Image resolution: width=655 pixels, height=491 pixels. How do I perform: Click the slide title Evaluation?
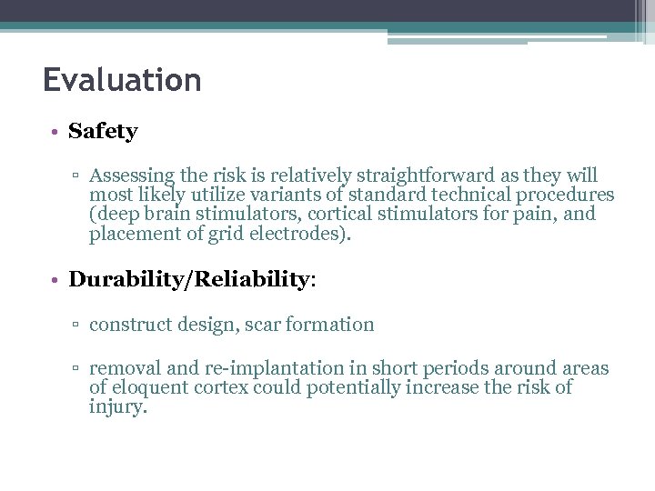122,81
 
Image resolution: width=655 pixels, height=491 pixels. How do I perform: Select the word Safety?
103,131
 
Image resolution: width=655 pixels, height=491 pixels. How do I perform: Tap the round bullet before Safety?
55,132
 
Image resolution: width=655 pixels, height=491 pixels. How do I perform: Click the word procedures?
567,195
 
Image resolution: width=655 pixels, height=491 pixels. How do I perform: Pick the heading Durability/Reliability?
189,279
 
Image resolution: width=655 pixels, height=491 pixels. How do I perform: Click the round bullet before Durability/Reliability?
55,280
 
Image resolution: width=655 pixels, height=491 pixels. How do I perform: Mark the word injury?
116,408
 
